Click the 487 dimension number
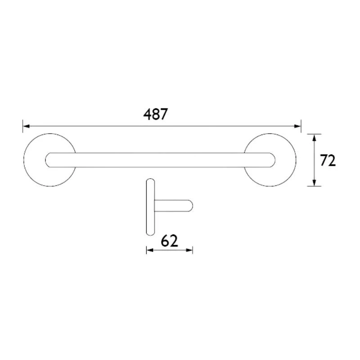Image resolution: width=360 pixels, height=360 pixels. click(x=155, y=115)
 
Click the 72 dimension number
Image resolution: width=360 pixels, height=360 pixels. click(x=328, y=160)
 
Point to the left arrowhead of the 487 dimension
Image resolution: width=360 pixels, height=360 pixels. click(x=26, y=126)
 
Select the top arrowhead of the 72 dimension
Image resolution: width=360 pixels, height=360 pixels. click(x=315, y=137)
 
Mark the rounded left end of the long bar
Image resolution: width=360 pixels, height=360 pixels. click(x=49, y=160)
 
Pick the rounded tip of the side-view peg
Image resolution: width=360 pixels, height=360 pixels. click(x=191, y=206)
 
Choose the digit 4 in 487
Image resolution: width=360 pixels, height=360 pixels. click(x=147, y=115)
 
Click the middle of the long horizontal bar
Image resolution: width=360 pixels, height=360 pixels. click(x=160, y=160)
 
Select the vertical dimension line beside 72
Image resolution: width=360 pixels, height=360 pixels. click(x=315, y=160)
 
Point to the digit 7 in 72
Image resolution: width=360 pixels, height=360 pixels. click(x=324, y=160)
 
